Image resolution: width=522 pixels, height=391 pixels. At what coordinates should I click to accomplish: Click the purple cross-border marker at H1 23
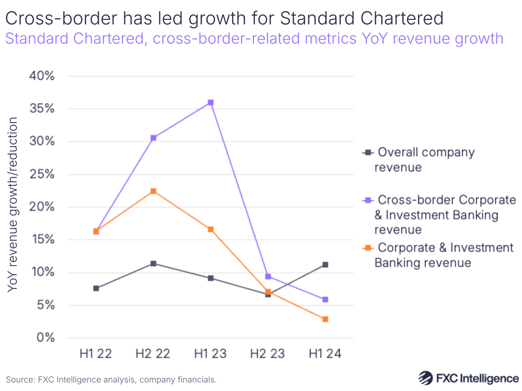(211, 102)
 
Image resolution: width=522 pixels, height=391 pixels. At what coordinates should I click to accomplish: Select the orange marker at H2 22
(153, 191)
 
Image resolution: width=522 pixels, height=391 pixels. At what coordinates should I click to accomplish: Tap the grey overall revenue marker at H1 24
(325, 265)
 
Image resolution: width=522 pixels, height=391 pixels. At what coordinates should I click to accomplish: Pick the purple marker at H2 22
(153, 138)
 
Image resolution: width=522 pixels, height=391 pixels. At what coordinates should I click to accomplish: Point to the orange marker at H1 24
(325, 319)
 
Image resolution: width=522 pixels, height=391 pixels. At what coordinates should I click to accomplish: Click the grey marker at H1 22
(96, 288)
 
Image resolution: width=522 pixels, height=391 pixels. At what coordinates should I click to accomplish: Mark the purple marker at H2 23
(268, 276)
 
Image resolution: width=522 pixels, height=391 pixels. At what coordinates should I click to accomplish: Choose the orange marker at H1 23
(211, 229)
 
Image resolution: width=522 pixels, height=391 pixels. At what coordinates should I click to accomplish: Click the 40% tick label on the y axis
(41, 76)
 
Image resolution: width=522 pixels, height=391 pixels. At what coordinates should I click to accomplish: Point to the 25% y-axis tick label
(41, 174)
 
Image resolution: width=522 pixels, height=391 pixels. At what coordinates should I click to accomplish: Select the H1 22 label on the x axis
(96, 354)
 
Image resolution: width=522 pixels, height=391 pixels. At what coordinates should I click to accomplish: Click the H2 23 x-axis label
(268, 354)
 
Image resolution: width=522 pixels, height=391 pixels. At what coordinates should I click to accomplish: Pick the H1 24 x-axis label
(325, 354)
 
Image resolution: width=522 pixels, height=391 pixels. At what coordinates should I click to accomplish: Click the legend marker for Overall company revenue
(367, 152)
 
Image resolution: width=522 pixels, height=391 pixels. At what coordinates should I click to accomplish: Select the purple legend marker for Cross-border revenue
(367, 200)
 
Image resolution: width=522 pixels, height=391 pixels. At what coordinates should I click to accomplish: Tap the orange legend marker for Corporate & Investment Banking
(367, 247)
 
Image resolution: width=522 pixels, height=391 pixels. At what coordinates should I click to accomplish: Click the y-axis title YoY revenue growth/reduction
(13, 205)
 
